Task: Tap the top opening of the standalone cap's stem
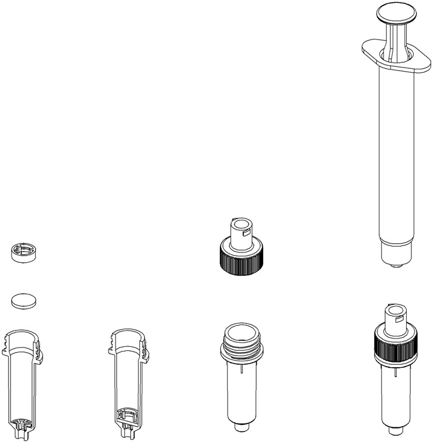(x=239, y=223)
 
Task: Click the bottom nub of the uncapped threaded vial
(x=240, y=428)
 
